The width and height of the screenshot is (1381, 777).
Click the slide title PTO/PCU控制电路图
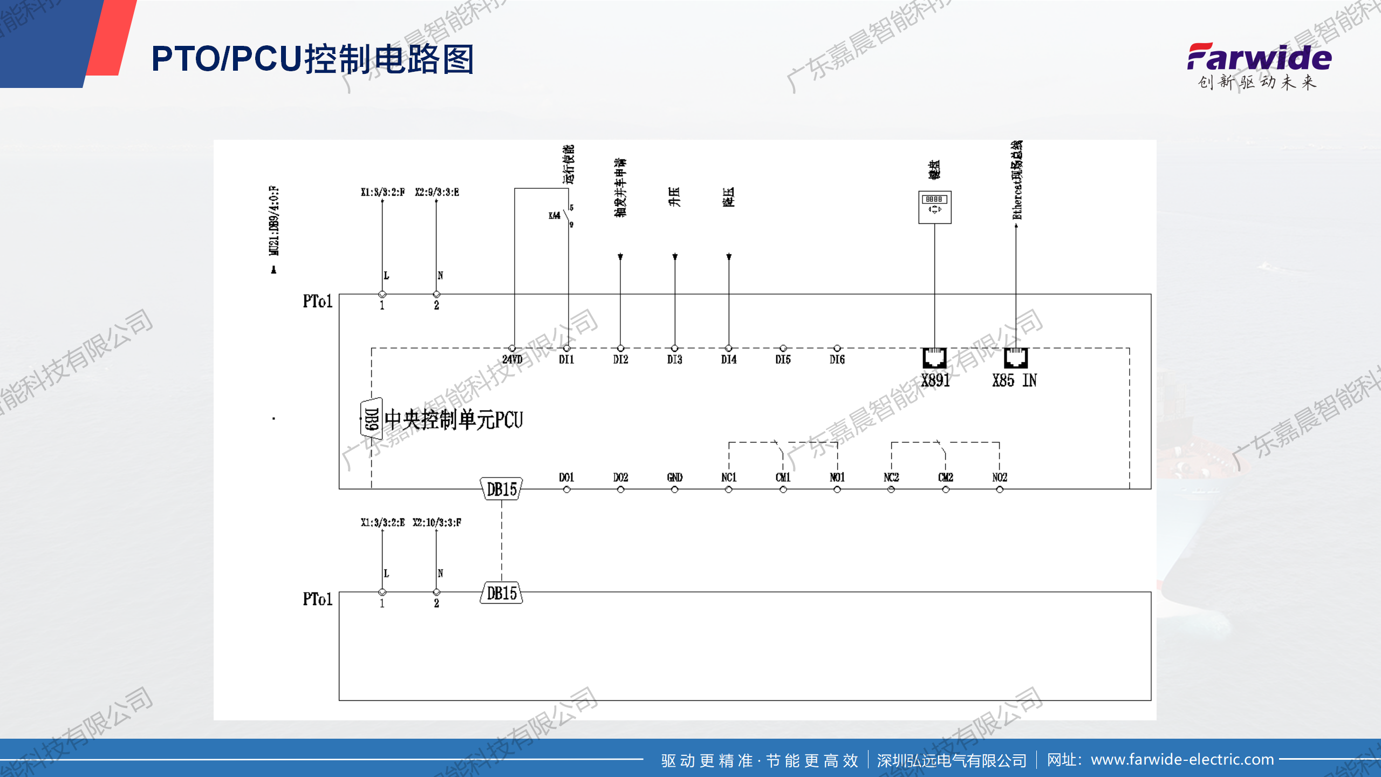click(x=312, y=59)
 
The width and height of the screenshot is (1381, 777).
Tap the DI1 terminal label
click(x=566, y=359)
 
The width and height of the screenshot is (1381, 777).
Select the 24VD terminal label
click(x=512, y=359)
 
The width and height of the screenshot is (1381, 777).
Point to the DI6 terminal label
click(x=837, y=359)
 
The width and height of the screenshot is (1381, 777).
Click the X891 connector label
click(x=935, y=380)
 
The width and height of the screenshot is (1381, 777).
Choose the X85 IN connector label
click(x=1014, y=380)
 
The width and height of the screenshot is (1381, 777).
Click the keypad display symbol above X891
click(x=934, y=207)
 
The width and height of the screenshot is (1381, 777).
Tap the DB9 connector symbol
click(x=371, y=419)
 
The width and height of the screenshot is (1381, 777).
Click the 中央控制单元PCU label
click(x=454, y=420)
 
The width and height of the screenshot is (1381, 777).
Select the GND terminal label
click(x=674, y=478)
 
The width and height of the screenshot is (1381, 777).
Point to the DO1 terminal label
click(x=566, y=478)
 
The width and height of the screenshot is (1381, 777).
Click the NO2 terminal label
click(x=999, y=478)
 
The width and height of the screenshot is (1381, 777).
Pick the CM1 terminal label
click(x=783, y=478)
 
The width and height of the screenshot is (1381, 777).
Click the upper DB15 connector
click(x=501, y=489)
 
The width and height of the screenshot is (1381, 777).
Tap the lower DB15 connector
click(x=501, y=593)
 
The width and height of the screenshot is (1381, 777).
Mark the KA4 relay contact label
click(x=554, y=216)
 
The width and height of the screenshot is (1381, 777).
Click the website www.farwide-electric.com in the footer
click(x=1182, y=760)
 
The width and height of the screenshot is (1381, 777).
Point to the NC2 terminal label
click(x=891, y=478)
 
